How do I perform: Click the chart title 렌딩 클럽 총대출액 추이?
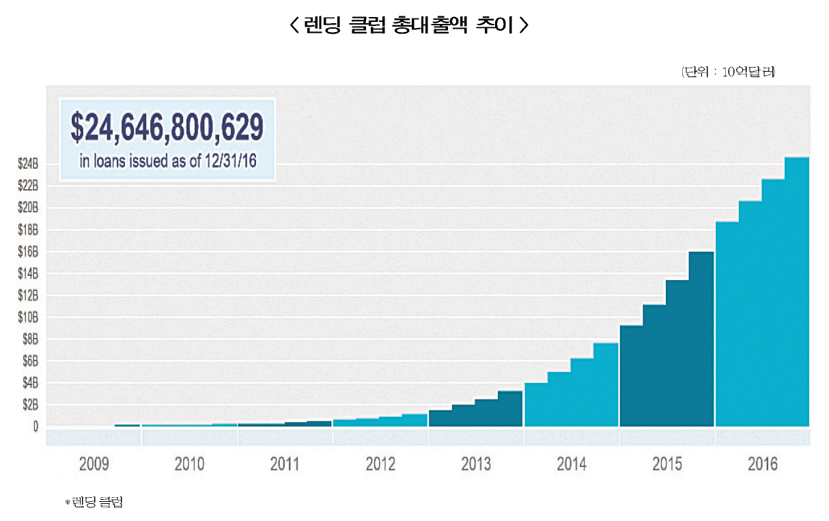[x=409, y=27]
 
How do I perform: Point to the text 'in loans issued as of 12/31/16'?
[x=167, y=163]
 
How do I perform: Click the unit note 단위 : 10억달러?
[x=728, y=72]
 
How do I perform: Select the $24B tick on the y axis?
[x=29, y=164]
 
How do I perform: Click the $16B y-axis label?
[x=29, y=251]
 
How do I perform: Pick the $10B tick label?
[x=29, y=317]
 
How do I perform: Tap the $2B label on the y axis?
[x=30, y=404]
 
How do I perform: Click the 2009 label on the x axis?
[x=94, y=466]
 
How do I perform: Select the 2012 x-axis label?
[x=380, y=466]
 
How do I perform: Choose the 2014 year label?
[x=572, y=466]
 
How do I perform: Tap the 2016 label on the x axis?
[x=763, y=466]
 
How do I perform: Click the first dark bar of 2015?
[x=631, y=376]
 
